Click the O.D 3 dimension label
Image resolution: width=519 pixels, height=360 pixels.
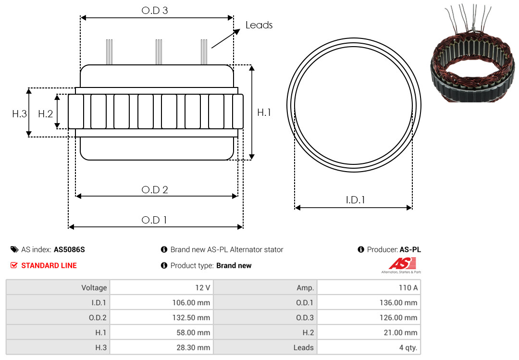pos(155,10)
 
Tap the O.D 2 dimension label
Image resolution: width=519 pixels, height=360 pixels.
pos(155,190)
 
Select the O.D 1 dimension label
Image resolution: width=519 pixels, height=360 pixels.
pos(154,220)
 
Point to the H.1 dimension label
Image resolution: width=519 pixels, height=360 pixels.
pos(264,112)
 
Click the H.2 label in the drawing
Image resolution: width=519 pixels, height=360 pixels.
pos(45,114)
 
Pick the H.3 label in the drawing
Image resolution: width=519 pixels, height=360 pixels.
pos(20,114)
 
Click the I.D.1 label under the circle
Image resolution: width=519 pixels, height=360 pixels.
pos(355,199)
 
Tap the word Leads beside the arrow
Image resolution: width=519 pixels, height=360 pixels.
pos(259,25)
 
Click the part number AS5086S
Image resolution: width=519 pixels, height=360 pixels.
pos(69,249)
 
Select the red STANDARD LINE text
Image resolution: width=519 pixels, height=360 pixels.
pos(49,265)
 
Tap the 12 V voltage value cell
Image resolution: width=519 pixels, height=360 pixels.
pos(161,287)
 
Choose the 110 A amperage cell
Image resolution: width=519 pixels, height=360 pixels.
pos(369,287)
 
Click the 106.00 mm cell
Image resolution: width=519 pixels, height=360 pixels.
pos(161,302)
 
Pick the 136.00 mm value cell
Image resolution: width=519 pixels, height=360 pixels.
pos(369,302)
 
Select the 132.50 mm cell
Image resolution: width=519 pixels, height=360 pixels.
pos(161,317)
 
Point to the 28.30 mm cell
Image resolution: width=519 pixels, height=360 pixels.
pos(161,347)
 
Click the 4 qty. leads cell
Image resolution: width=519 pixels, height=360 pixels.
pos(369,347)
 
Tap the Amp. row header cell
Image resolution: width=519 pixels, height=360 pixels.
pos(265,287)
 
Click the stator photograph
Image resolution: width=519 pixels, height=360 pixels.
pos(473,53)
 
